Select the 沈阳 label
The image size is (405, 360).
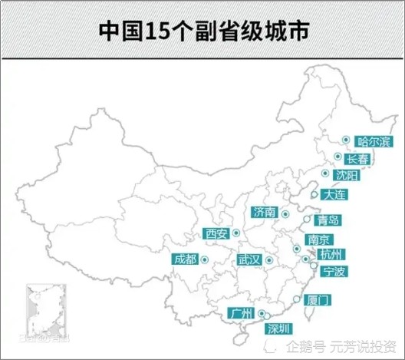(x=347, y=176)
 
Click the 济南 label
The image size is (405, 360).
(x=264, y=212)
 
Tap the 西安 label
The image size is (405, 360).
(x=217, y=233)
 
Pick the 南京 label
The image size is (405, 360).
(x=318, y=239)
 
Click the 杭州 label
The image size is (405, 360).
(x=334, y=254)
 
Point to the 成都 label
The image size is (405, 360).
(x=185, y=259)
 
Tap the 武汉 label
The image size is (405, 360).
(x=249, y=260)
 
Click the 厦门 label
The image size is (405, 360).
(x=318, y=300)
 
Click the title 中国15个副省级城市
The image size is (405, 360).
(x=202, y=31)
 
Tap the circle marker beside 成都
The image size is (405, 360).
(x=204, y=259)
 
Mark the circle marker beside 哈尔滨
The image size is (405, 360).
(x=347, y=140)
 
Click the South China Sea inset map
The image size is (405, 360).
(x=45, y=312)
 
